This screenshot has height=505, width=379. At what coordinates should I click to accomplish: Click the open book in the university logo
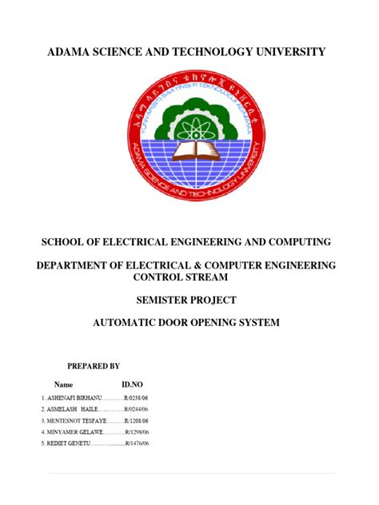(189, 149)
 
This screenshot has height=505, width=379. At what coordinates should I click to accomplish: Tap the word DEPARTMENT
(80, 264)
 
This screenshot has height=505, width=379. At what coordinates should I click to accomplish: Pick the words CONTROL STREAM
(189, 276)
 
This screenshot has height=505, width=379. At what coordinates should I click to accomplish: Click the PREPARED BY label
(94, 366)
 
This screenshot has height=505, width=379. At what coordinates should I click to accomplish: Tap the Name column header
(63, 384)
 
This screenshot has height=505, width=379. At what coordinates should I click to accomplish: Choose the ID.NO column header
(131, 384)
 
